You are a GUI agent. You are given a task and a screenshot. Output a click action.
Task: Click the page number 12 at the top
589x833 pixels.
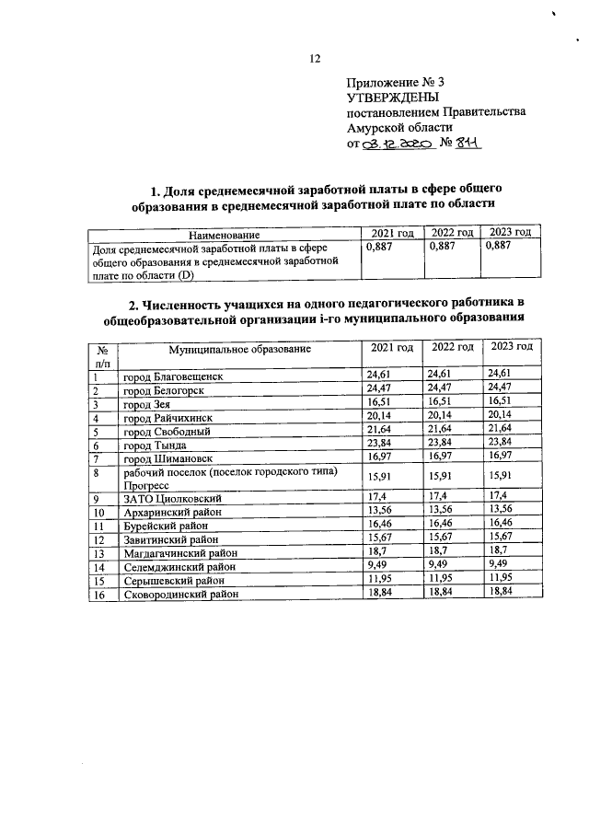314,58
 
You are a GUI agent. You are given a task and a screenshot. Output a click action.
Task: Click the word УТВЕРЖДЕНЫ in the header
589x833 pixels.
392,97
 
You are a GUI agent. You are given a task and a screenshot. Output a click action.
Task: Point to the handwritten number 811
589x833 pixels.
468,144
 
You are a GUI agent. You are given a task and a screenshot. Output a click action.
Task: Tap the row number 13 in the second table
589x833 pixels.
98,553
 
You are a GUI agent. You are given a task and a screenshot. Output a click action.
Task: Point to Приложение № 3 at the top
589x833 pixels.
392,81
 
